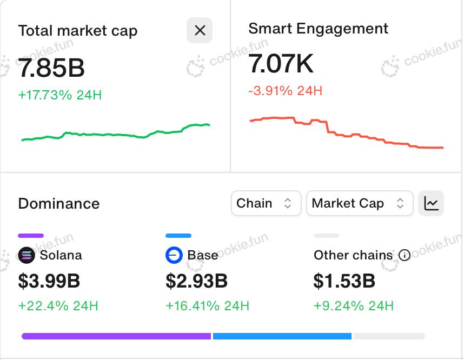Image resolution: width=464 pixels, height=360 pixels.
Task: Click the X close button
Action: [200, 30]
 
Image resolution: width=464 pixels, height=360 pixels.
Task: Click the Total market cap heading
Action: [78, 31]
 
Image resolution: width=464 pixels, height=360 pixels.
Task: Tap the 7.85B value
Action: [51, 68]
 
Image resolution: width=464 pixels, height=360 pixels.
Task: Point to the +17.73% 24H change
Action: [60, 95]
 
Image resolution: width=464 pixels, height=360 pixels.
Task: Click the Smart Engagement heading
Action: [318, 29]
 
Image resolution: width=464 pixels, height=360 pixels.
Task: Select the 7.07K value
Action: [281, 64]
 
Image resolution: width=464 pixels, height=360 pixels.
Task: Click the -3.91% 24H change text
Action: [285, 90]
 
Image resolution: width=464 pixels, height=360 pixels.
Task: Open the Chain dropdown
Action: [266, 203]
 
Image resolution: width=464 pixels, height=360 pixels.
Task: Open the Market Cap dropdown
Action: [359, 203]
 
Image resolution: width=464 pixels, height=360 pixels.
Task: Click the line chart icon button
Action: [431, 203]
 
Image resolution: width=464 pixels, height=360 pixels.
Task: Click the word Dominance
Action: [59, 204]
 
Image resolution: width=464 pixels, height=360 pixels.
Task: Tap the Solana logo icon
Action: [26, 255]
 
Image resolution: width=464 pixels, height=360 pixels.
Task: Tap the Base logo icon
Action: [174, 255]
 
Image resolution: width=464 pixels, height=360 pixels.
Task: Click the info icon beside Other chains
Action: [404, 255]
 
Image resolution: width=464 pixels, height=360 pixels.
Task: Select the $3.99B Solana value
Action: [49, 281]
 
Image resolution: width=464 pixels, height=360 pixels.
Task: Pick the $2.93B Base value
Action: [197, 281]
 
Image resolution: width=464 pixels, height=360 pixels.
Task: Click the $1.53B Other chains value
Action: [344, 281]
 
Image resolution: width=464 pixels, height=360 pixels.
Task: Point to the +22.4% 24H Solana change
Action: [58, 306]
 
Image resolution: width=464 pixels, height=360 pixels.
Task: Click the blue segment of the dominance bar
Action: [282, 336]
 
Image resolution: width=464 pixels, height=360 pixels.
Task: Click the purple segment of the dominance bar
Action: [116, 336]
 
